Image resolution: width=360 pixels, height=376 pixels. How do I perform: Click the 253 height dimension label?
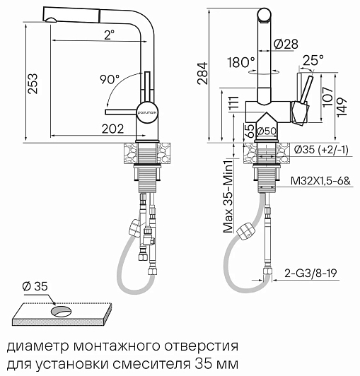tap(33, 83)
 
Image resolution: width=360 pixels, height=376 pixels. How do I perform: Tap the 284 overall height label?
tap(202, 73)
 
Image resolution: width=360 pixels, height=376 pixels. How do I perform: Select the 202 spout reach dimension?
tap(112, 129)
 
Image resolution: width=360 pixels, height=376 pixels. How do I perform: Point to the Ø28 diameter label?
tap(286, 44)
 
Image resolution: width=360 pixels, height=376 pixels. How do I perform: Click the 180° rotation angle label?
tap(240, 63)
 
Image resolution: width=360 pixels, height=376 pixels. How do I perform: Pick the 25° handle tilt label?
tap(313, 60)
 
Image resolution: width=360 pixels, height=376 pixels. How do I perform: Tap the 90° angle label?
tap(110, 79)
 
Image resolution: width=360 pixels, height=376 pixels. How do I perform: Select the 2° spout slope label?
tap(109, 35)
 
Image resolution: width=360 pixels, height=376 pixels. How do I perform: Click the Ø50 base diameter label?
tap(266, 131)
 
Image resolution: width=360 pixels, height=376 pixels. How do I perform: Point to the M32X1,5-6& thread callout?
tap(320, 181)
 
